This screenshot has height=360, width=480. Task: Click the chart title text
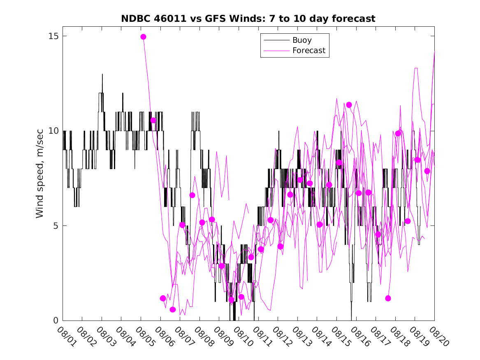coord(248,19)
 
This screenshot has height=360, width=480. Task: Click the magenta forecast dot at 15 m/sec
coord(143,37)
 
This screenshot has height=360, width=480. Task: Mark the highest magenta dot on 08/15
coord(349,105)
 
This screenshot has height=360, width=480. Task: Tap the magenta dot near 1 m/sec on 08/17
coord(388,298)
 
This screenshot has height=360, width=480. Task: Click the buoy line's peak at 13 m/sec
coord(102,74)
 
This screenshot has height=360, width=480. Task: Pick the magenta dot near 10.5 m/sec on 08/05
coord(153,120)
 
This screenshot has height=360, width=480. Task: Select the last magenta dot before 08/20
coord(427,171)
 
